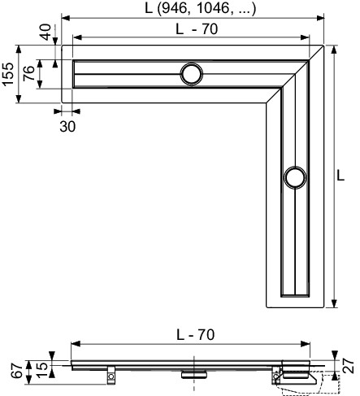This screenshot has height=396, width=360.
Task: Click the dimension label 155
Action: (8, 74)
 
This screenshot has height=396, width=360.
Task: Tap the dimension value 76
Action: (28, 73)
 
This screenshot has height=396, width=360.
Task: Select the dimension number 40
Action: (46, 32)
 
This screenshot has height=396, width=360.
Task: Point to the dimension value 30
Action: (67, 126)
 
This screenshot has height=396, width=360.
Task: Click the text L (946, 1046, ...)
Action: (200, 8)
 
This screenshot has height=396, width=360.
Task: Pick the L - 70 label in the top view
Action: (197, 29)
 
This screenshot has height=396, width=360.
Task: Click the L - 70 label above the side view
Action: (196, 335)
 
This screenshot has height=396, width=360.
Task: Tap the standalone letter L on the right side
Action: (340, 176)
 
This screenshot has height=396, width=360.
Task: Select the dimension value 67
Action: (18, 371)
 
